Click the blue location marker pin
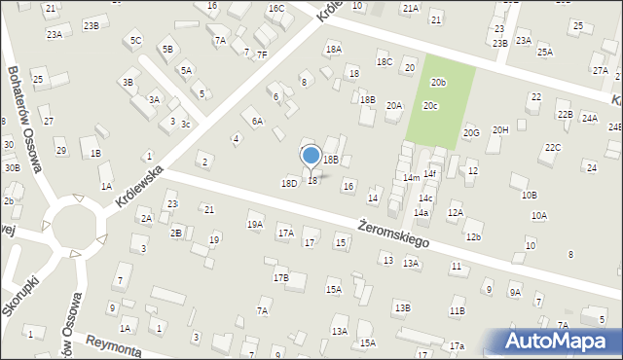point(311,157)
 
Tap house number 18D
point(289,183)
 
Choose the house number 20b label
point(439,83)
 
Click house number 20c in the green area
point(430,105)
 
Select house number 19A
point(254,225)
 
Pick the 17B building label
point(280,278)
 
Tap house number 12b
point(473,237)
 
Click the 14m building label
point(412,178)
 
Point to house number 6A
point(257,122)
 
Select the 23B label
point(91,24)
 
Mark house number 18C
point(385,62)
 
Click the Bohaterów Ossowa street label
point(25,118)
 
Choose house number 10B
point(529,195)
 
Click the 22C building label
point(553,148)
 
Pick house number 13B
point(402,307)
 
